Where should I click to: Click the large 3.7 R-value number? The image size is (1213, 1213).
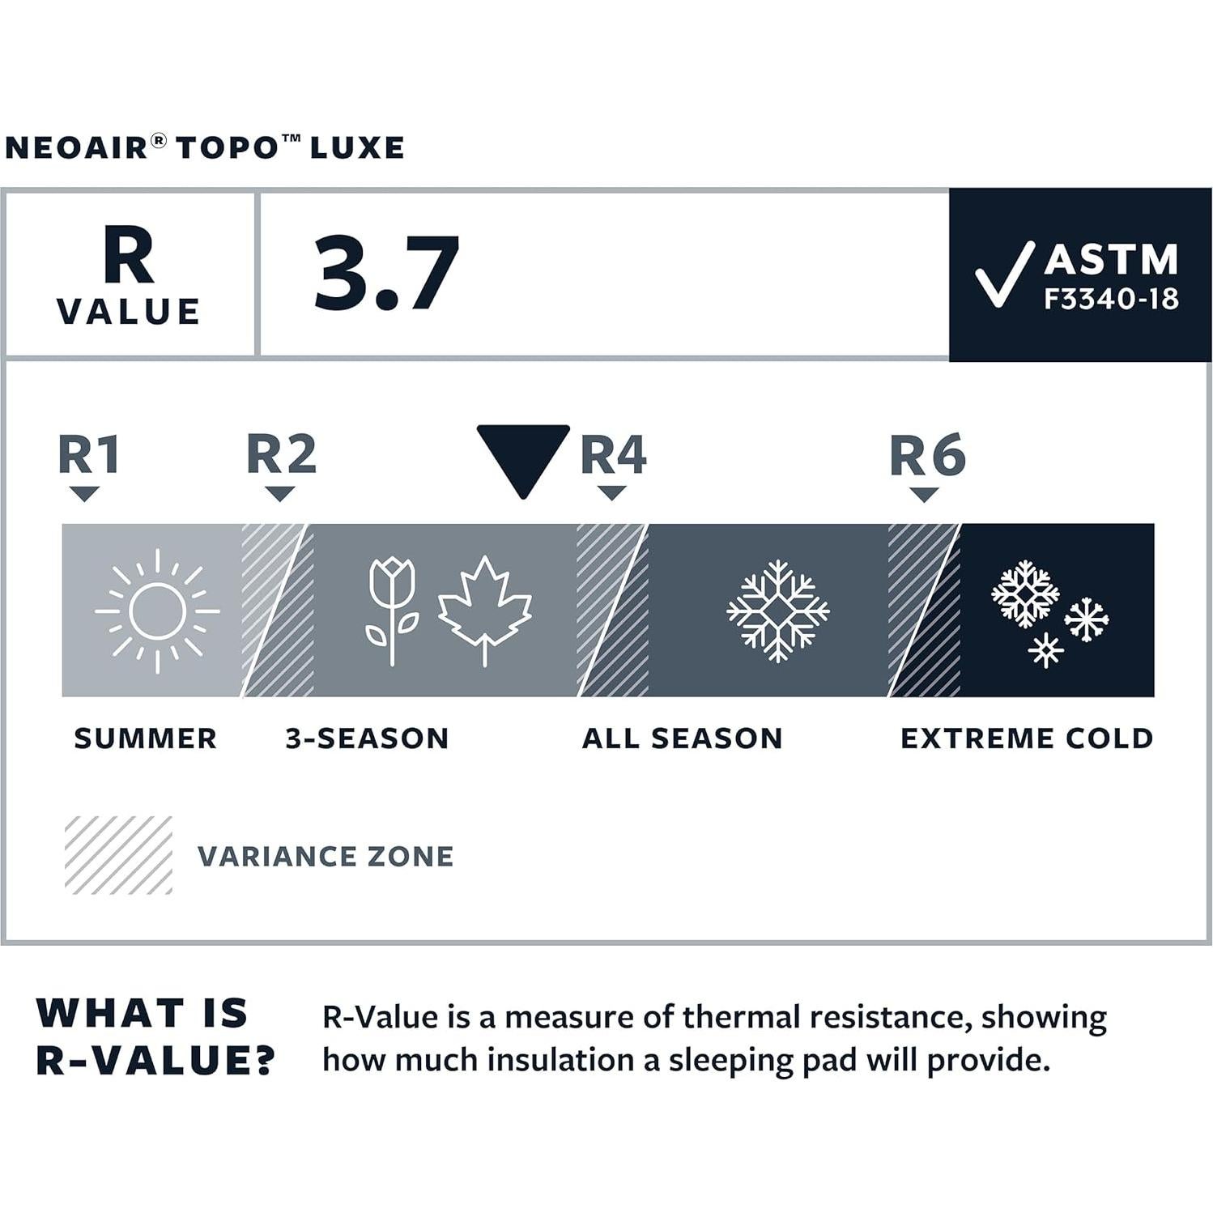click(x=386, y=274)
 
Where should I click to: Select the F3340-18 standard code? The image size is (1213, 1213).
click(x=1110, y=300)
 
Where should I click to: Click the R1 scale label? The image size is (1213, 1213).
click(x=89, y=454)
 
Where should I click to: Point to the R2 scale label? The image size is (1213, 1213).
click(x=281, y=454)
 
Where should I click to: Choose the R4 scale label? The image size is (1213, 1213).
click(x=613, y=454)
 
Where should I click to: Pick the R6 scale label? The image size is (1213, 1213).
click(x=927, y=456)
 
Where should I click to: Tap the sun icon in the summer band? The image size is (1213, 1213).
click(x=157, y=611)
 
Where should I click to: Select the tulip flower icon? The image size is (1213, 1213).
click(x=392, y=609)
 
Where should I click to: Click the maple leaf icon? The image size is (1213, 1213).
click(x=484, y=609)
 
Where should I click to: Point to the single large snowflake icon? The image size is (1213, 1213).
click(x=777, y=611)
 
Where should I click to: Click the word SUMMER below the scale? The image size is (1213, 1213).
click(x=146, y=738)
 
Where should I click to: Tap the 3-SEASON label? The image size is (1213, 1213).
click(x=367, y=738)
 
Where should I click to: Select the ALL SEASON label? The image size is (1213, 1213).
click(x=683, y=738)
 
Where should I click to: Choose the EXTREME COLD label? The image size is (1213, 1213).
click(x=1027, y=738)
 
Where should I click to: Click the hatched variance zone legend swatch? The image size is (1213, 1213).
click(x=118, y=855)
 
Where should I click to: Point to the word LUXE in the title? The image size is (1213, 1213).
click(x=357, y=148)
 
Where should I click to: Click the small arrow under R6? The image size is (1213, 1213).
click(x=924, y=494)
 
